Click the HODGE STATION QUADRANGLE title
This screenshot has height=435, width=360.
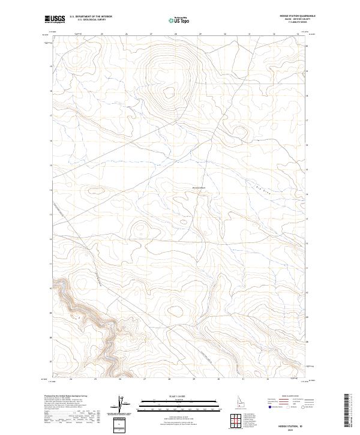pos(297,16)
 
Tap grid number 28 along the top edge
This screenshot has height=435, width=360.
pos(175,34)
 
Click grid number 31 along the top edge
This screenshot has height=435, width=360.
pos(249,34)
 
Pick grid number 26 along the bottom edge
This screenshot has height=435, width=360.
pos(121,379)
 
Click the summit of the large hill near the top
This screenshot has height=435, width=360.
pos(169,92)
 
